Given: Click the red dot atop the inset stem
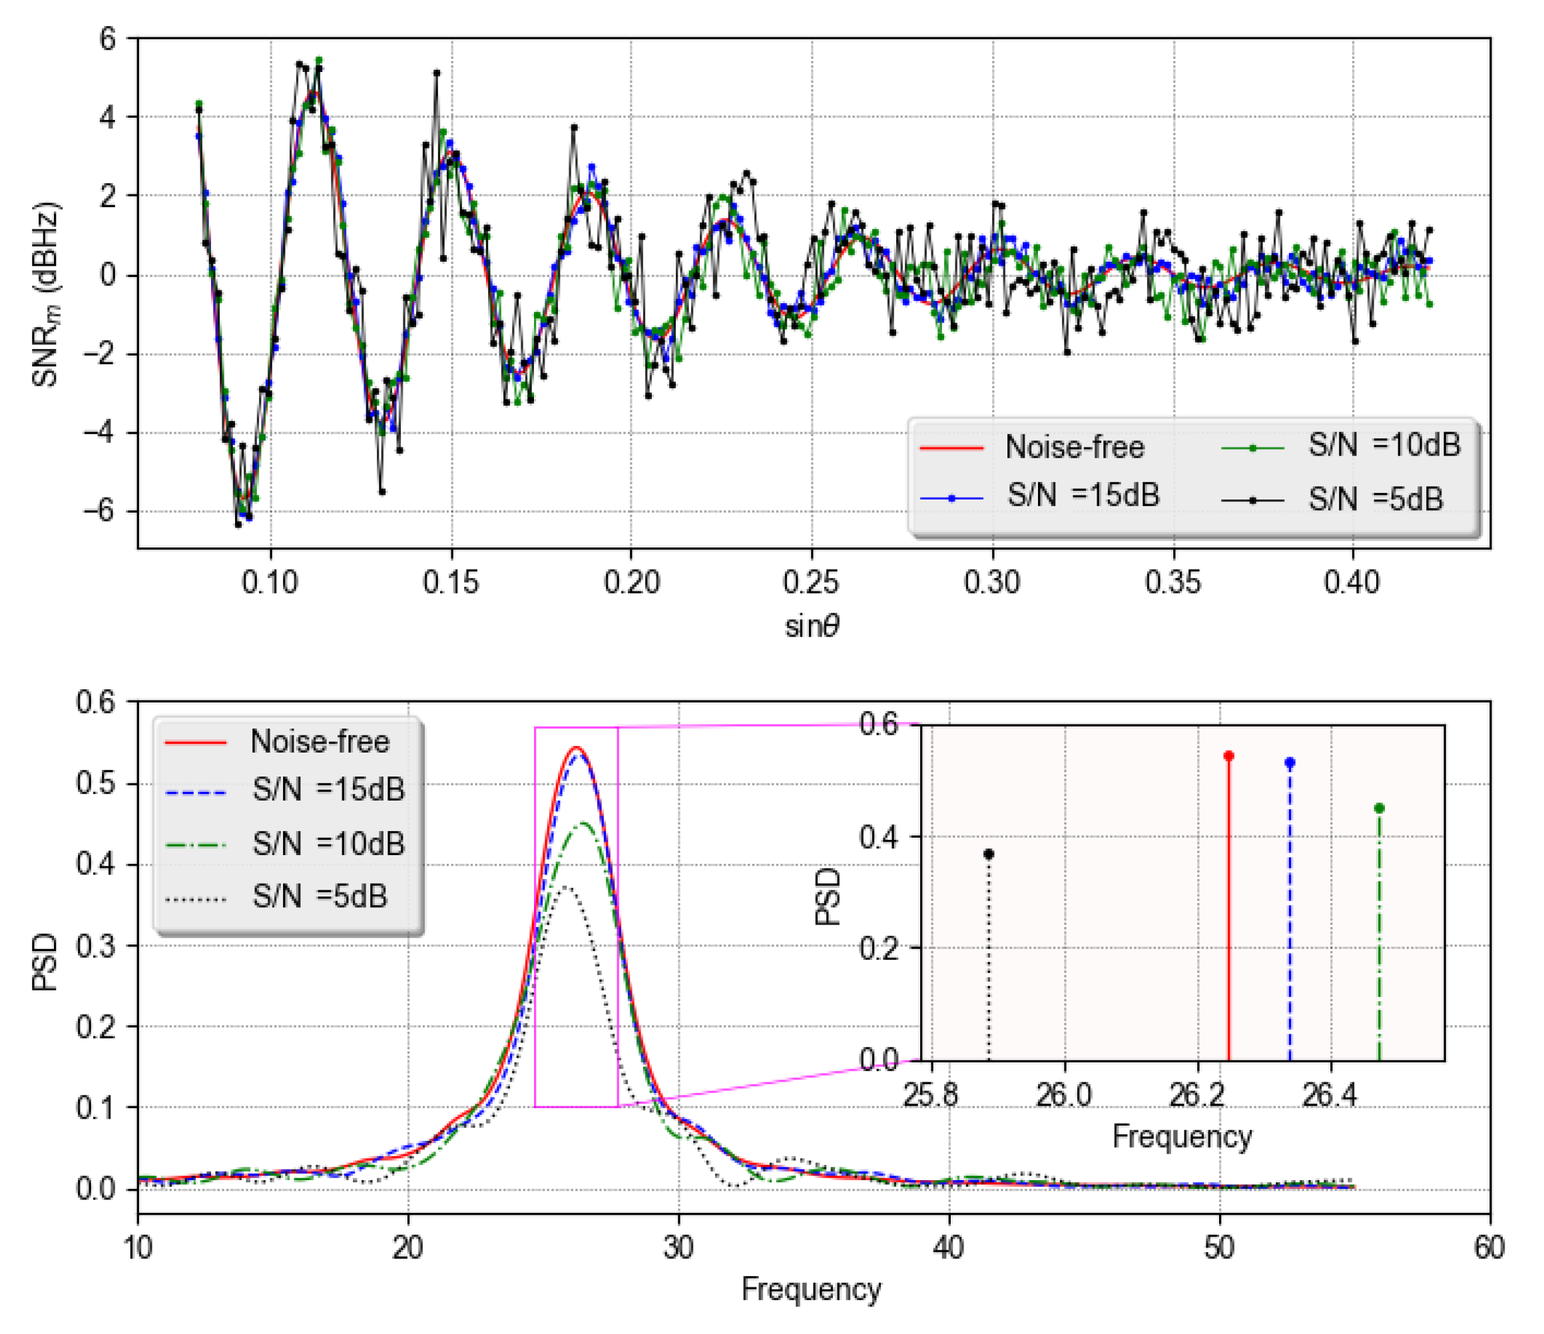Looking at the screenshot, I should [1229, 756].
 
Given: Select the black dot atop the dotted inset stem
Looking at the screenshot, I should [989, 854].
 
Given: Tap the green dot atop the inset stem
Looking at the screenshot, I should [1380, 808].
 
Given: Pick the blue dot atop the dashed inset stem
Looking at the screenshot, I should [1290, 763].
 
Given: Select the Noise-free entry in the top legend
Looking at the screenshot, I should [1074, 447].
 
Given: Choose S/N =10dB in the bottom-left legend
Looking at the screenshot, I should [328, 844].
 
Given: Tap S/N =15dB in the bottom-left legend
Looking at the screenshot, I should [328, 789].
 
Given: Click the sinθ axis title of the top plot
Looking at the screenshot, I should [812, 626].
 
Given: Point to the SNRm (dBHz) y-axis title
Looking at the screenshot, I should [45, 294].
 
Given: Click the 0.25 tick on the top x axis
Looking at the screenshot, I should [811, 582].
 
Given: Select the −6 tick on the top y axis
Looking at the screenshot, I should [99, 511].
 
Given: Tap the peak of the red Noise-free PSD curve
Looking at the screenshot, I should [576, 747].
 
